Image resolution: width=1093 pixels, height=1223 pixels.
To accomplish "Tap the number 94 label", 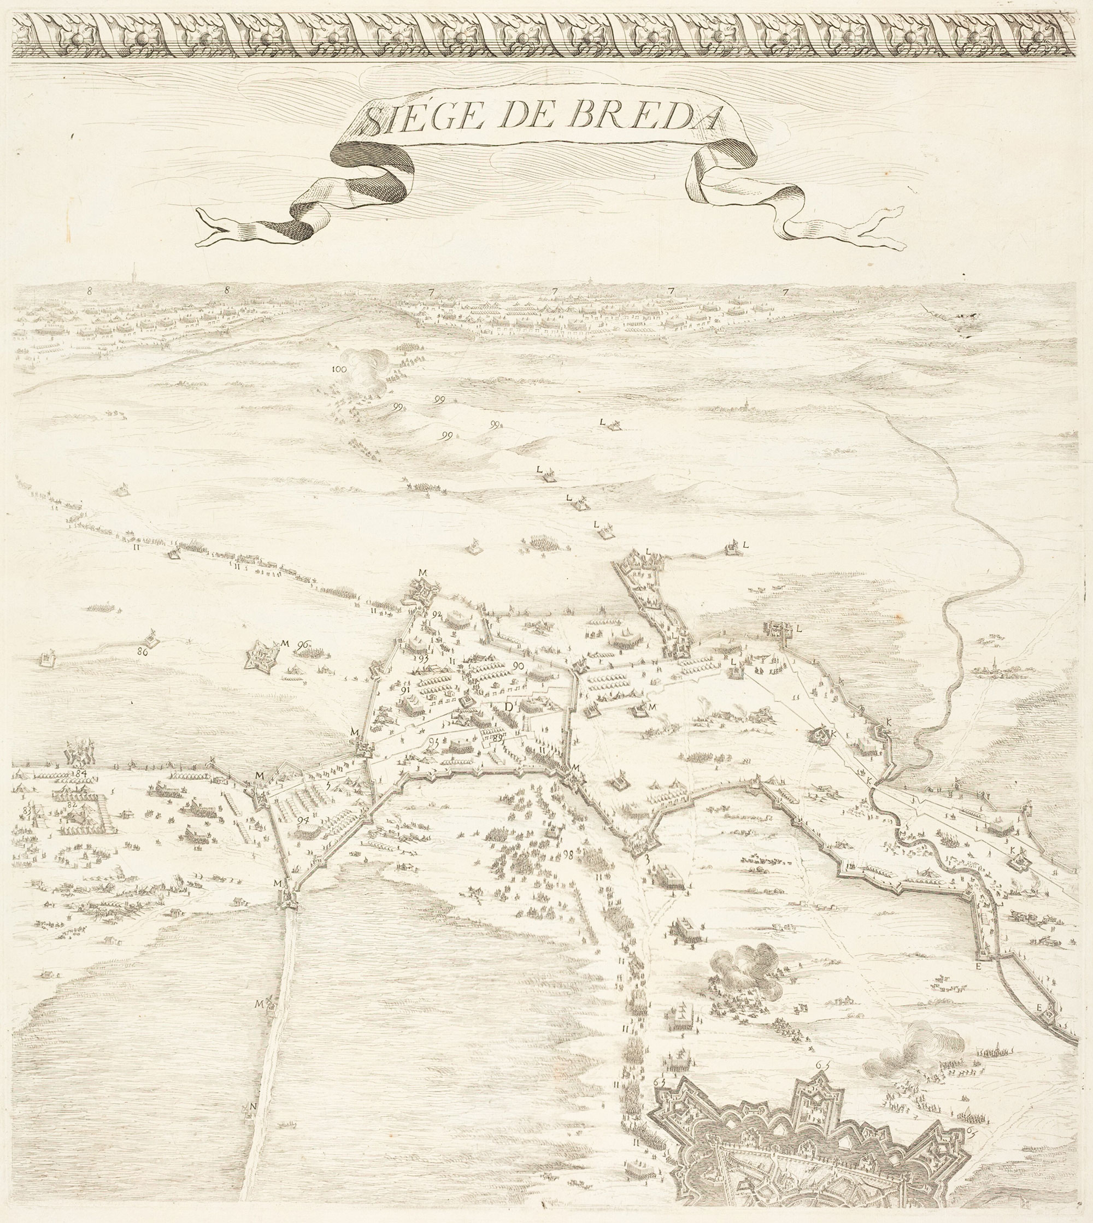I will pyautogui.click(x=303, y=820).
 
